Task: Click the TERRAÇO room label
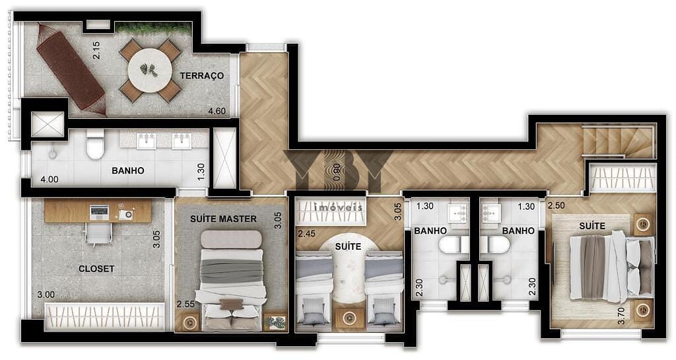[202, 75]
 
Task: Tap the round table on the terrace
[150, 70]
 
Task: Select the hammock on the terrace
[71, 70]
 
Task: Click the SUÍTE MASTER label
[223, 219]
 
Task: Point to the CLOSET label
[96, 269]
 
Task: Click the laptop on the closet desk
[100, 211]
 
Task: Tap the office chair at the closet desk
[99, 233]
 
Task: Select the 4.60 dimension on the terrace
[217, 111]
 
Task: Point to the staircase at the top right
[619, 141]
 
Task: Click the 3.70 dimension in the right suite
[621, 316]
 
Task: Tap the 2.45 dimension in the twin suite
[306, 234]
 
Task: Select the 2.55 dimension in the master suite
[186, 304]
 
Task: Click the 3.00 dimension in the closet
[46, 295]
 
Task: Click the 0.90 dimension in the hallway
[337, 172]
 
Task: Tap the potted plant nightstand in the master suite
[275, 322]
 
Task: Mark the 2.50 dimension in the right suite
[556, 205]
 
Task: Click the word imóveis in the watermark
[339, 208]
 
